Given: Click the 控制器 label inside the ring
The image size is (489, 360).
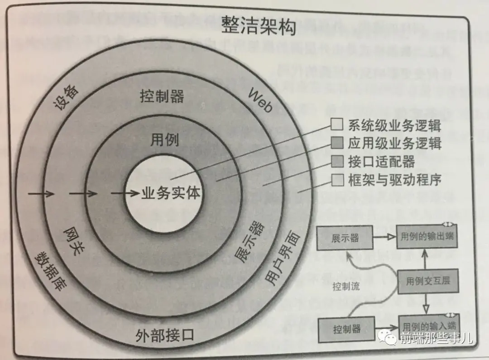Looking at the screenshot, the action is coord(162,96).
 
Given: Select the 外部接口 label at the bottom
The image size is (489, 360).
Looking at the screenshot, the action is coord(165,336).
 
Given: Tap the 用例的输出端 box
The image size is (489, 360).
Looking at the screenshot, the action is coord(427,236).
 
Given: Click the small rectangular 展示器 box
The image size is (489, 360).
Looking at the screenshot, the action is coord(345,238).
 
